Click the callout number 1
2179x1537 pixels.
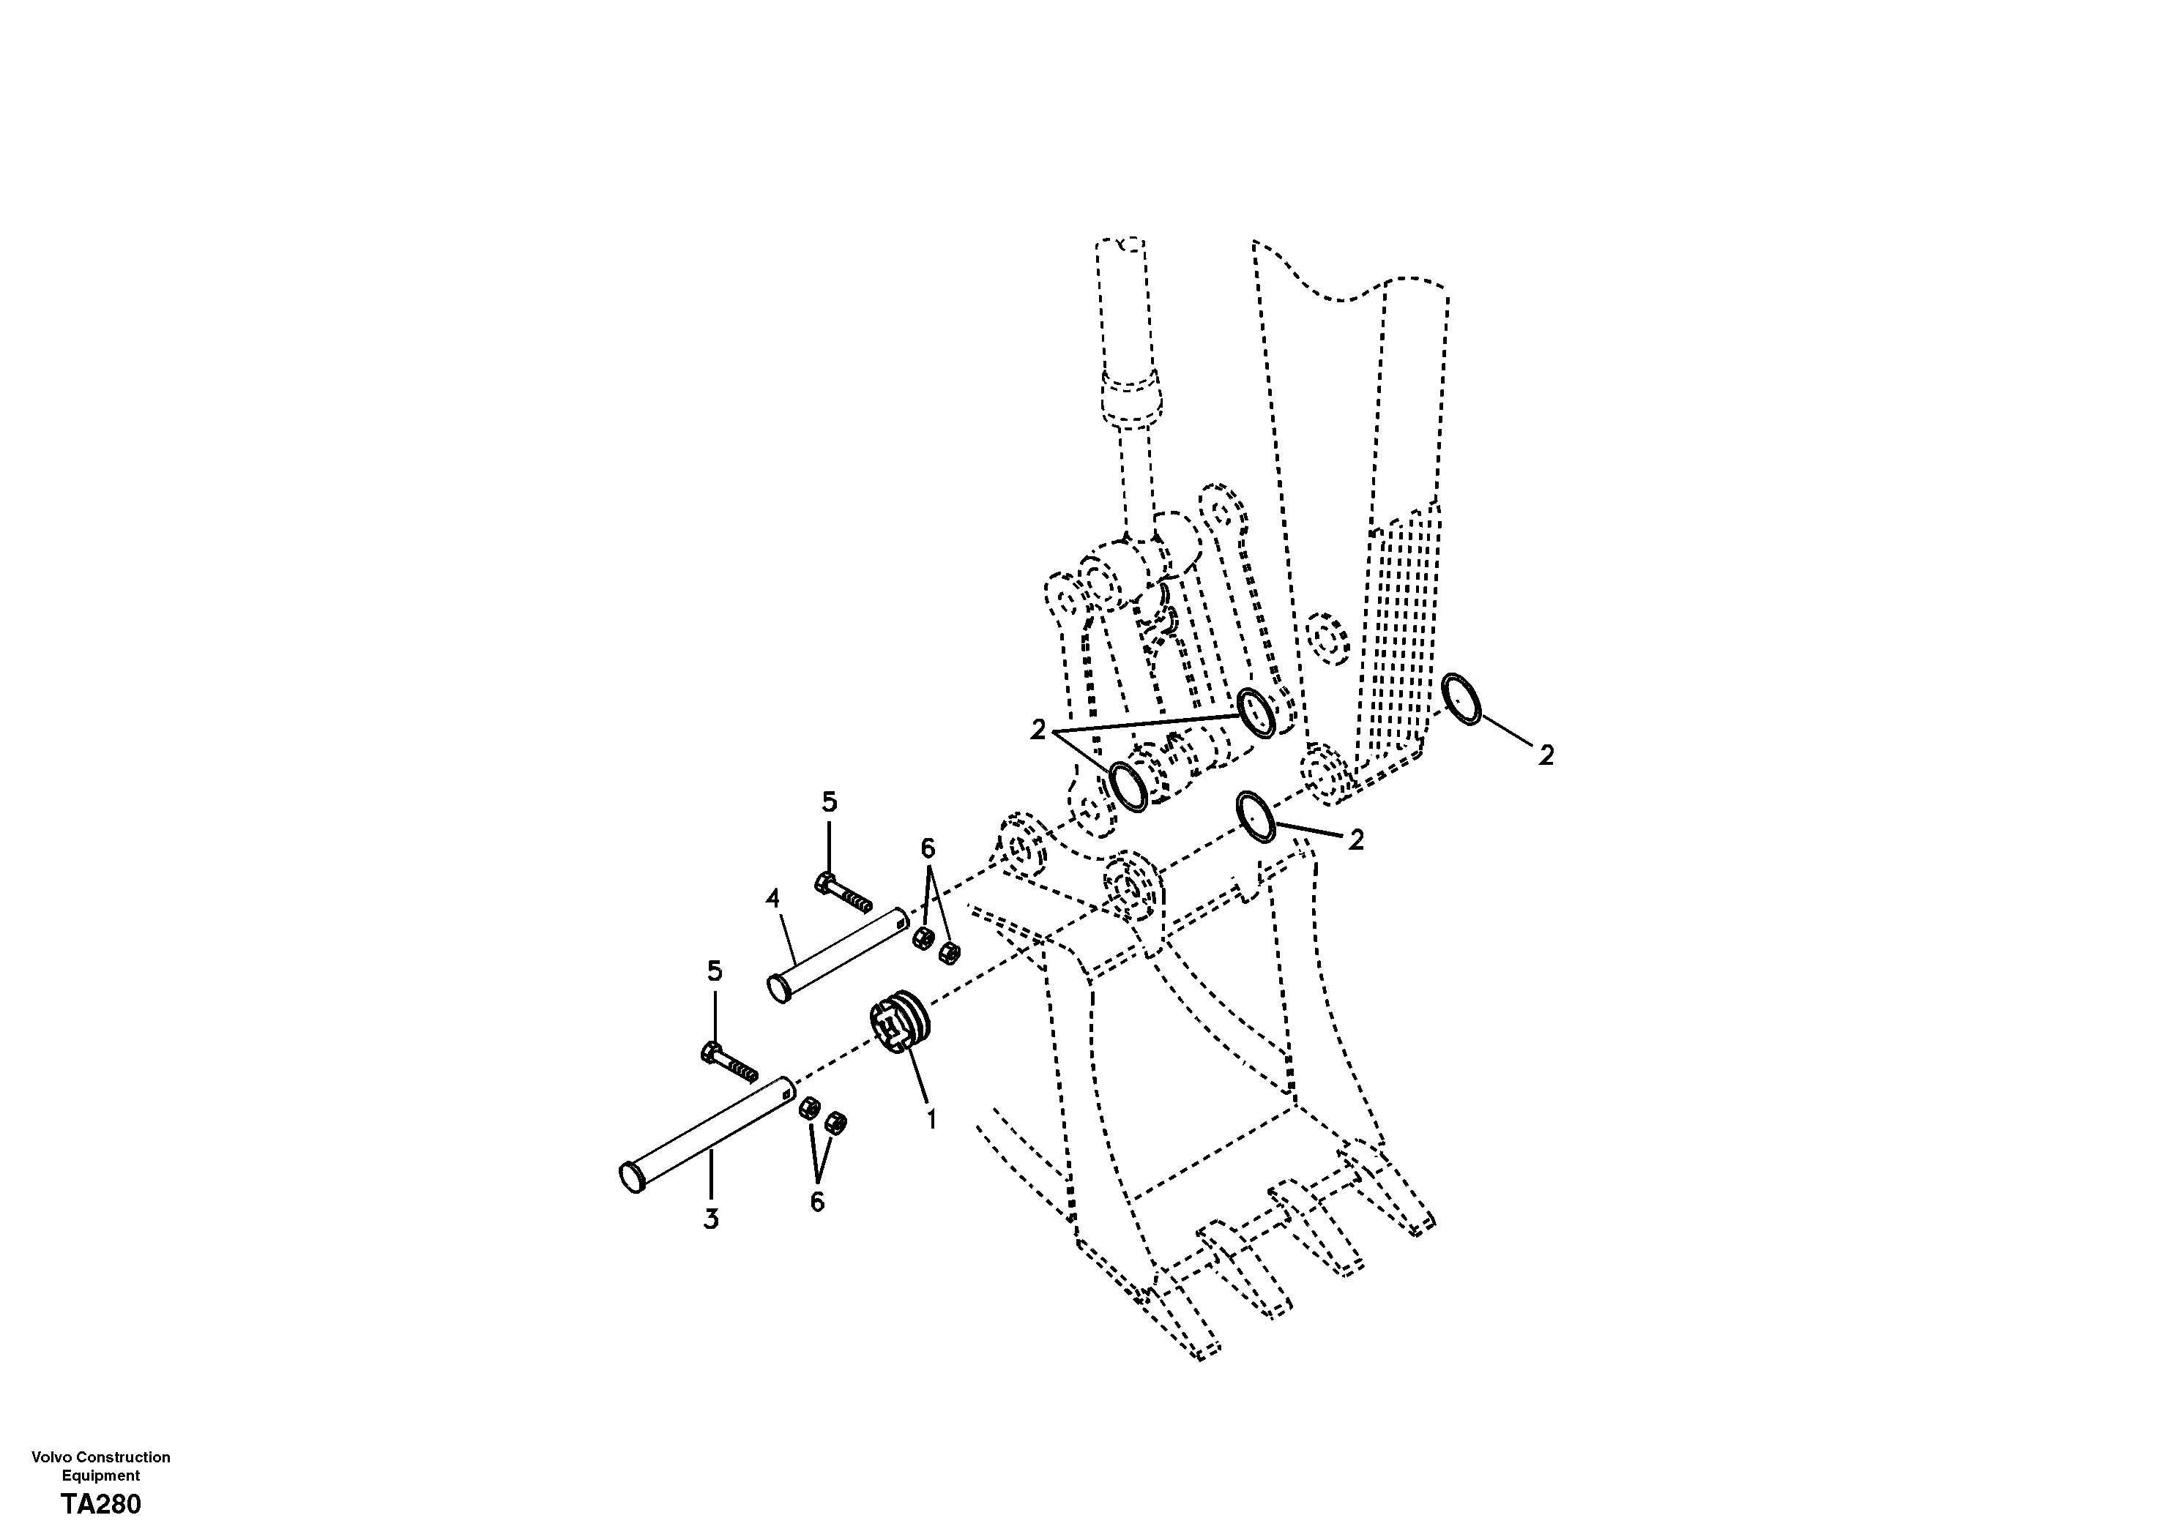(931, 1120)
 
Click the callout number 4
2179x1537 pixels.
(772, 897)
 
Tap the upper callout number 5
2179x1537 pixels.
(829, 803)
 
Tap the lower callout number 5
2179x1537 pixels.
(714, 971)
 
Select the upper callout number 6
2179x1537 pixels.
(927, 848)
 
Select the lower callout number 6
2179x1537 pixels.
(817, 1202)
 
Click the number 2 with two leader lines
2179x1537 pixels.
(1038, 730)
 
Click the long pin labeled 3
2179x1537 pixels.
(707, 1134)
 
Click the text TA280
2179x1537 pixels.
(100, 1505)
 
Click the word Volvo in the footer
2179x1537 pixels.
(51, 1457)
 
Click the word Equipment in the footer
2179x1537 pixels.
(100, 1476)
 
